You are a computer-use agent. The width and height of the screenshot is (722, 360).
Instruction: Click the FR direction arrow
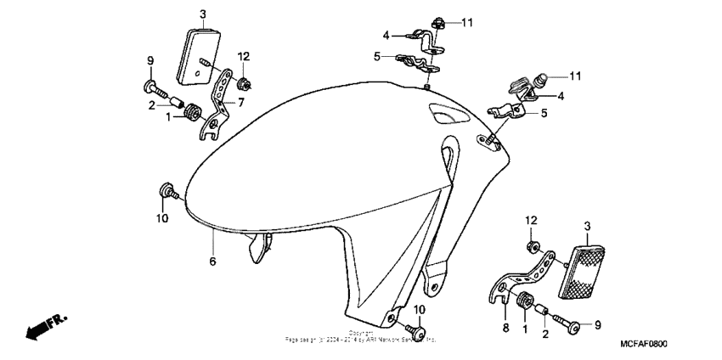[x=45, y=328]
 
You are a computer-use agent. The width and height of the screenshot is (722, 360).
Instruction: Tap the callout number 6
[x=212, y=262]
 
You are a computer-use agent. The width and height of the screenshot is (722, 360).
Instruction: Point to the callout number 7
[x=240, y=103]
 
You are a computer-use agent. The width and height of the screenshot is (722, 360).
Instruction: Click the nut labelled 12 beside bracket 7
[x=245, y=84]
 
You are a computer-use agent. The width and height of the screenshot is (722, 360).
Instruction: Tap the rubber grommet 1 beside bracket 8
[x=523, y=301]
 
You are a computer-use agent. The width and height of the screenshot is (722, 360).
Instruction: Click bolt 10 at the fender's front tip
[x=167, y=192]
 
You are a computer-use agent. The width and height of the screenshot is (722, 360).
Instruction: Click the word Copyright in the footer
[x=361, y=333]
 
